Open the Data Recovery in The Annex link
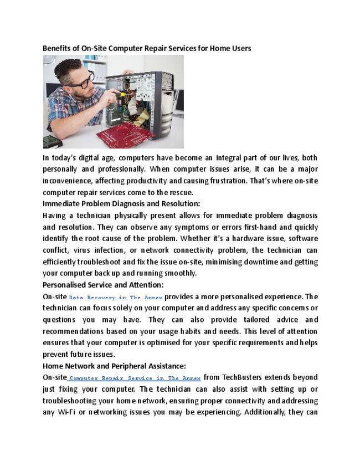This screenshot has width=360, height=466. click(x=116, y=297)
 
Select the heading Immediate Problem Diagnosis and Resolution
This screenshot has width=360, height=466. click(x=121, y=204)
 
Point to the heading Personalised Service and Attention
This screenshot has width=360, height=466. click(x=103, y=285)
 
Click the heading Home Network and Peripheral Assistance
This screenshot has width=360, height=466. click(x=114, y=366)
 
